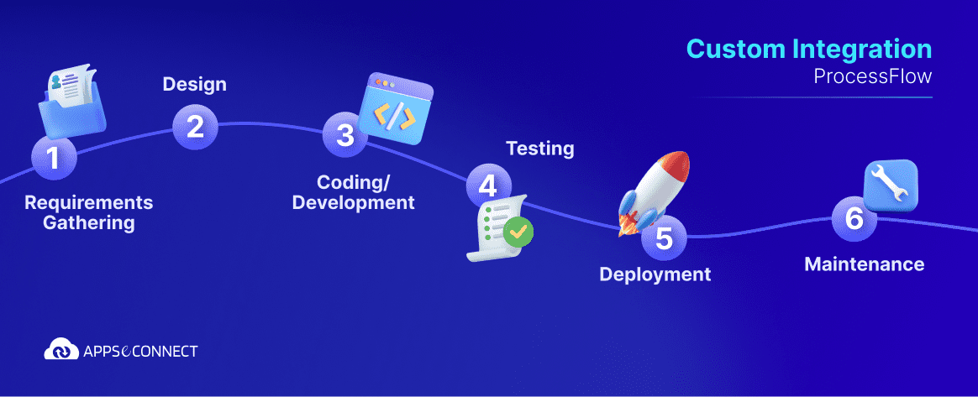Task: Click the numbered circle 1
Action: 54,157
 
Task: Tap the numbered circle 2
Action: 195,127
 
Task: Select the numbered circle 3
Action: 345,135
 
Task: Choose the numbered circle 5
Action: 664,238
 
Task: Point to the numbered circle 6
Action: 854,218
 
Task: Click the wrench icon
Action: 891,185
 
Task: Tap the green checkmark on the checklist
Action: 518,231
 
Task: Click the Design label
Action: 194,85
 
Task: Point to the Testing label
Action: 539,149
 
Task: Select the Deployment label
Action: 655,274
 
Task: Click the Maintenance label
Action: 864,264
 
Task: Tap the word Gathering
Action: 88,223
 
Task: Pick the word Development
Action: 353,202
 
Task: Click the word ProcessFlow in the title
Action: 873,76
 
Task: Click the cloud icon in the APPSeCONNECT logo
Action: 60,348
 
